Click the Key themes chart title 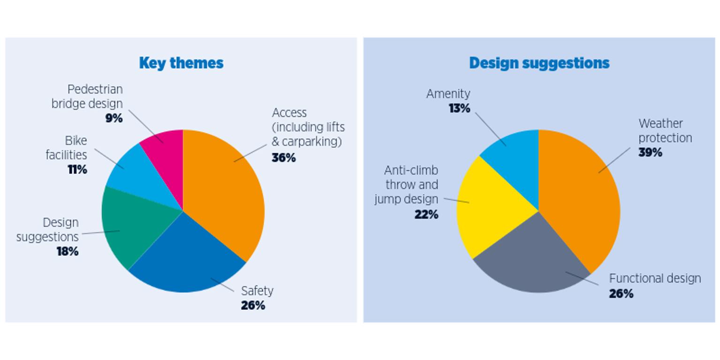tap(181, 63)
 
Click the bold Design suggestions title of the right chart tap(539, 63)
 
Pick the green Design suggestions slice tap(131, 225)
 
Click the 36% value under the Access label tap(284, 158)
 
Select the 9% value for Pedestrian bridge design tap(114, 118)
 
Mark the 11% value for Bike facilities tap(77, 170)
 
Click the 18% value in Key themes tap(68, 252)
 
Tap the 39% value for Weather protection tap(650, 152)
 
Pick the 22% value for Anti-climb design tap(426, 215)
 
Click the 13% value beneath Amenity tap(459, 108)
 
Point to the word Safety tap(257, 291)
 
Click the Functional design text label tap(655, 278)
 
